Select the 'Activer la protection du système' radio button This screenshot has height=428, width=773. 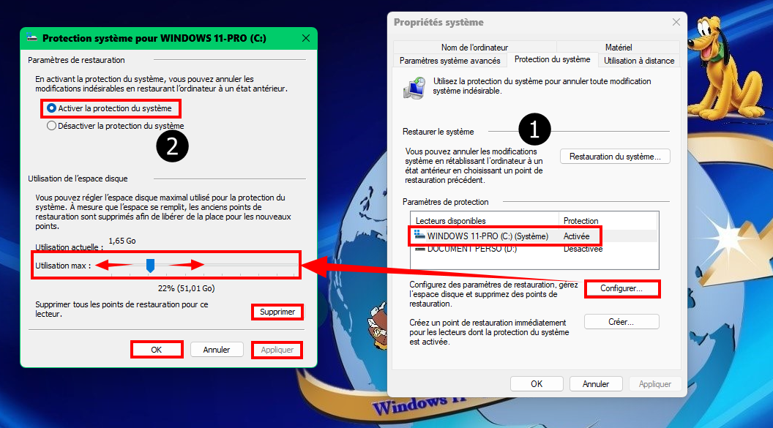coord(51,108)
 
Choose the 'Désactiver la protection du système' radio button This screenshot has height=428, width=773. coord(51,126)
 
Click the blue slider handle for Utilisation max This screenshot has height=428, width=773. coord(150,266)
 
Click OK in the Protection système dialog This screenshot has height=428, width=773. coord(156,350)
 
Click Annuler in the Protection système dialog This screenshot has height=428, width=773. coord(217,350)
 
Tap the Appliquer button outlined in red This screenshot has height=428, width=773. coord(277,350)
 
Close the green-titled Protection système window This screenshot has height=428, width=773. coord(306,38)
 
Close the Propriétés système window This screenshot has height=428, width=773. coord(676,22)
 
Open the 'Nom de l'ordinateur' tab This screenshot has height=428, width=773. coord(474,48)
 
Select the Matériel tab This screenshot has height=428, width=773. coord(619,48)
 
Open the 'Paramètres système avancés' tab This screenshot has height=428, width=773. coord(449,61)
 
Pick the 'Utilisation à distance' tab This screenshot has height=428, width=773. coord(639,61)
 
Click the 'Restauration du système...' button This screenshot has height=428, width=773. coord(615,157)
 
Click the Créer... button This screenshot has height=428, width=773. coord(621,322)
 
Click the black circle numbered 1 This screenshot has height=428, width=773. coord(534,129)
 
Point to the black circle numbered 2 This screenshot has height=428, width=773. coord(172,146)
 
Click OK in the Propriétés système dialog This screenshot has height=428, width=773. coord(537,383)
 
